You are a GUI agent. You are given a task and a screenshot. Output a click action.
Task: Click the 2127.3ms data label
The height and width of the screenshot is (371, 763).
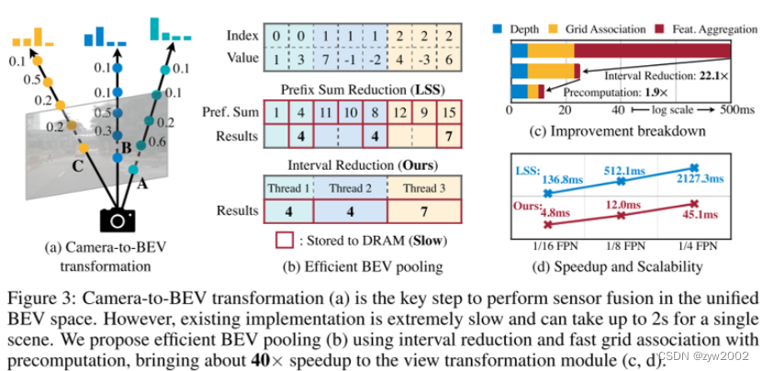[x=707, y=179]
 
